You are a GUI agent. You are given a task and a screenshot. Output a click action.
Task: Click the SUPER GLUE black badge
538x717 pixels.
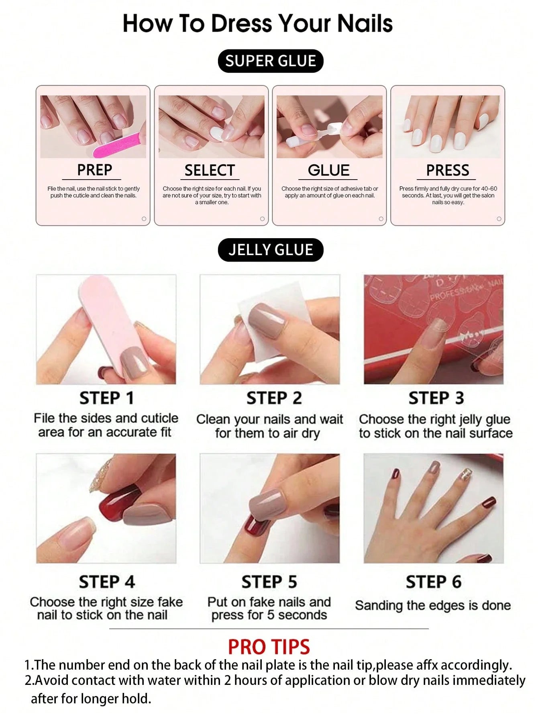tap(270, 61)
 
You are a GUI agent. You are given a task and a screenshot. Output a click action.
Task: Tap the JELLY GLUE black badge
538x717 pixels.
tap(270, 250)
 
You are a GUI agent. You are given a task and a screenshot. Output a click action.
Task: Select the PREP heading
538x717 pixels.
tap(94, 170)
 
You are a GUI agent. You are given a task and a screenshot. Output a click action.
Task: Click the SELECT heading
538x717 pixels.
tap(209, 170)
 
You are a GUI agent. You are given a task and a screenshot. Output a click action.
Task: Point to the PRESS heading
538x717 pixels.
tap(447, 170)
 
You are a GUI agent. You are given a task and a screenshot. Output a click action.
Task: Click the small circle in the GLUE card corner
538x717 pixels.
tap(381, 219)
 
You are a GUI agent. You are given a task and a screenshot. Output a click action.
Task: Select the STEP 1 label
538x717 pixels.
tap(106, 398)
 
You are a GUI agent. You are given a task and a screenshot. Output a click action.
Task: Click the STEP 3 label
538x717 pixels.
tap(436, 398)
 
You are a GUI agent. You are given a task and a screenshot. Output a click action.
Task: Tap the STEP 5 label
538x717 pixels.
tap(269, 582)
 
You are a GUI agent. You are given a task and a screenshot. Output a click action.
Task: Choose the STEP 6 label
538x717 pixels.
tap(433, 582)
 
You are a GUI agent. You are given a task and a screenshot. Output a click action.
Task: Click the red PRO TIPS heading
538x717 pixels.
tap(269, 647)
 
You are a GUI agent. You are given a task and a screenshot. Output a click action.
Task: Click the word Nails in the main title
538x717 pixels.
tap(365, 23)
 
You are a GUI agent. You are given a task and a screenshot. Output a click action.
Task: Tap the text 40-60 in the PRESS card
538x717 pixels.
tap(489, 188)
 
